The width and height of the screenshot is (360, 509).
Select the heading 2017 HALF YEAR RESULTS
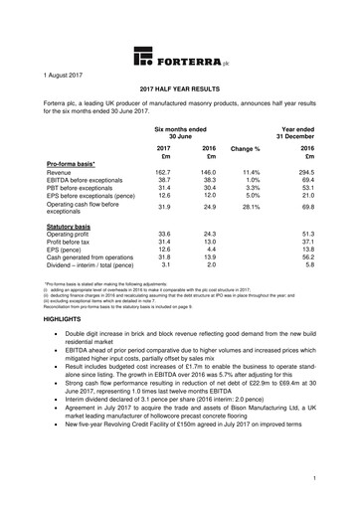[179, 89]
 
